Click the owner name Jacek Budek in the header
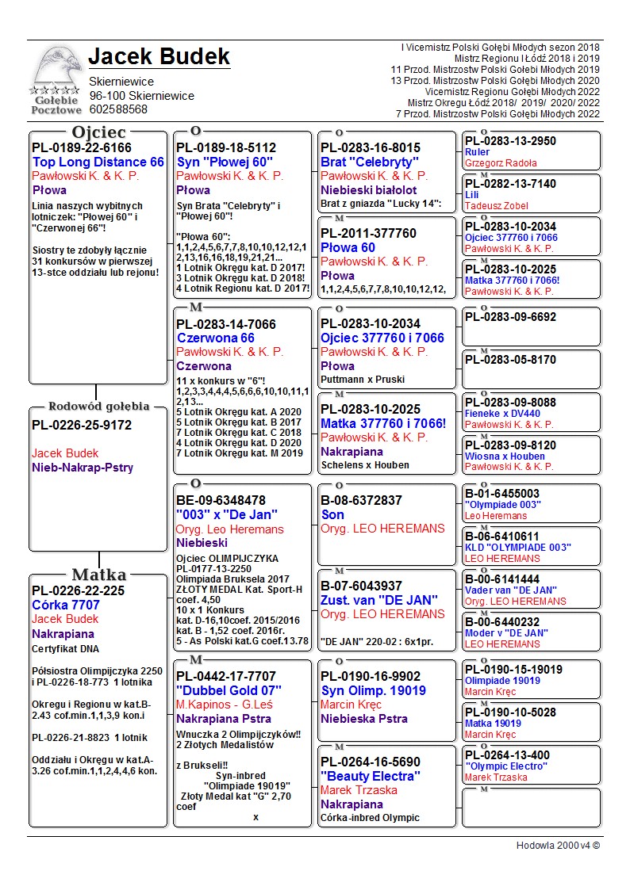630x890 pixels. (x=159, y=57)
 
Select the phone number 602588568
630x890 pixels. (x=118, y=109)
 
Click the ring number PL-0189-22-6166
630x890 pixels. (x=82, y=147)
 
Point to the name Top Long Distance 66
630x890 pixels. (x=98, y=162)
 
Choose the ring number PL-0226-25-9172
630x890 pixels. (x=82, y=425)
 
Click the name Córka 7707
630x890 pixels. (x=66, y=605)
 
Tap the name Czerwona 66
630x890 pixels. (x=215, y=338)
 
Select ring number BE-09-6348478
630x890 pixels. (x=221, y=500)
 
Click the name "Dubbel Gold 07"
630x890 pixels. (x=229, y=690)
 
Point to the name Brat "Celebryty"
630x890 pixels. (x=369, y=162)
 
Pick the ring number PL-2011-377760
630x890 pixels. (x=368, y=233)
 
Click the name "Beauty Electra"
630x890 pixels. (x=370, y=776)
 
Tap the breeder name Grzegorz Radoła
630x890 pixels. (x=501, y=163)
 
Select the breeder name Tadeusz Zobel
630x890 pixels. (x=496, y=206)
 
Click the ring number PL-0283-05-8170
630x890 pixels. (x=510, y=360)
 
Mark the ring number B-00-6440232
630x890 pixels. (x=502, y=622)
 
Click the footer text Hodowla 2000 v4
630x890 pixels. (x=558, y=845)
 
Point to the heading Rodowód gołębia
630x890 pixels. (x=99, y=407)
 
